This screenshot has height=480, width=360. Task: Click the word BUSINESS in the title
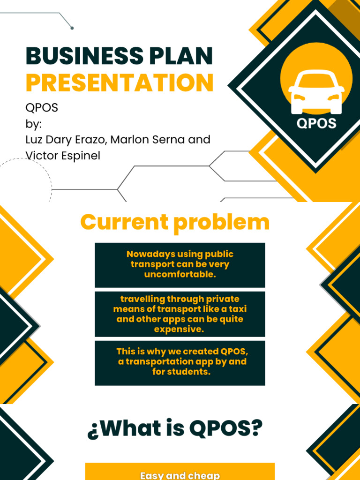point(77,56)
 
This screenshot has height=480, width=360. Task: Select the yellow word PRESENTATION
point(120,82)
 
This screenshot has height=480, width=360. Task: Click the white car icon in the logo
point(316,94)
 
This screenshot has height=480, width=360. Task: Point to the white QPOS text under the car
point(316,123)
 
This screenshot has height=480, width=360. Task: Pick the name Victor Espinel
point(63,156)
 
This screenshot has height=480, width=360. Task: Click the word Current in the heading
point(124,222)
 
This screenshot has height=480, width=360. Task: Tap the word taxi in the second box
point(237,309)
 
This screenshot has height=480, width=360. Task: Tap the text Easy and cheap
point(180,475)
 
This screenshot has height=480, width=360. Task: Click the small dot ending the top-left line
point(72,28)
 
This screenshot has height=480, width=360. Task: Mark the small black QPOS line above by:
point(42,107)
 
